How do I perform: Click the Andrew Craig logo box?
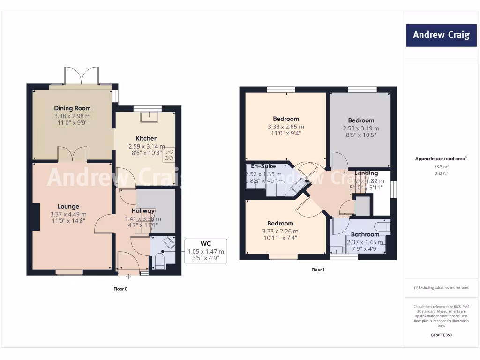coord(441,35)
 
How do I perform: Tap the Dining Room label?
coord(72,108)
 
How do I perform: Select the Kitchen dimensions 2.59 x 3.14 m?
coord(146,146)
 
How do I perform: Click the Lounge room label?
coord(68,206)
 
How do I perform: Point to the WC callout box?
coord(206,251)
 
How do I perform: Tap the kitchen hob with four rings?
coord(169,155)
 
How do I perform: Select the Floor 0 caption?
coord(120,289)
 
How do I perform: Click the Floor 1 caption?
coord(318,270)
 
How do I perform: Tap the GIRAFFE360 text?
coord(441,335)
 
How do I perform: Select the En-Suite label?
coord(263,166)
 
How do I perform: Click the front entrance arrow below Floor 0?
coord(129,277)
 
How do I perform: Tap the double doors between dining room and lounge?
coord(73,155)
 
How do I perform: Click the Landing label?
coord(366,173)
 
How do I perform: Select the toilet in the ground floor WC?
coord(158,261)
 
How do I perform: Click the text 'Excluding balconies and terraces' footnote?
coord(441,287)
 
